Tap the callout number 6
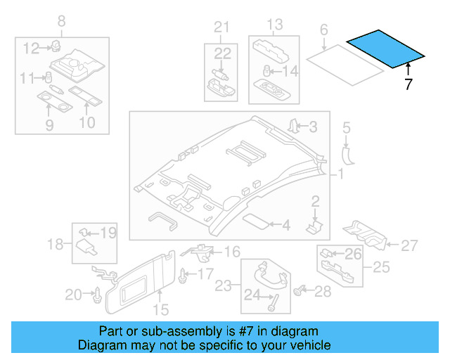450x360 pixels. [x=324, y=30]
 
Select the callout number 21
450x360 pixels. [x=222, y=27]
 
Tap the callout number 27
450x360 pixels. [x=409, y=245]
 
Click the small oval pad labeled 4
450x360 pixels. [x=257, y=221]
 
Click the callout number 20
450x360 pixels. [x=73, y=295]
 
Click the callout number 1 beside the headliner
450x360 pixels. [x=342, y=174]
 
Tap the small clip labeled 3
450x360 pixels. [x=292, y=127]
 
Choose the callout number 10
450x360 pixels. [x=86, y=124]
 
